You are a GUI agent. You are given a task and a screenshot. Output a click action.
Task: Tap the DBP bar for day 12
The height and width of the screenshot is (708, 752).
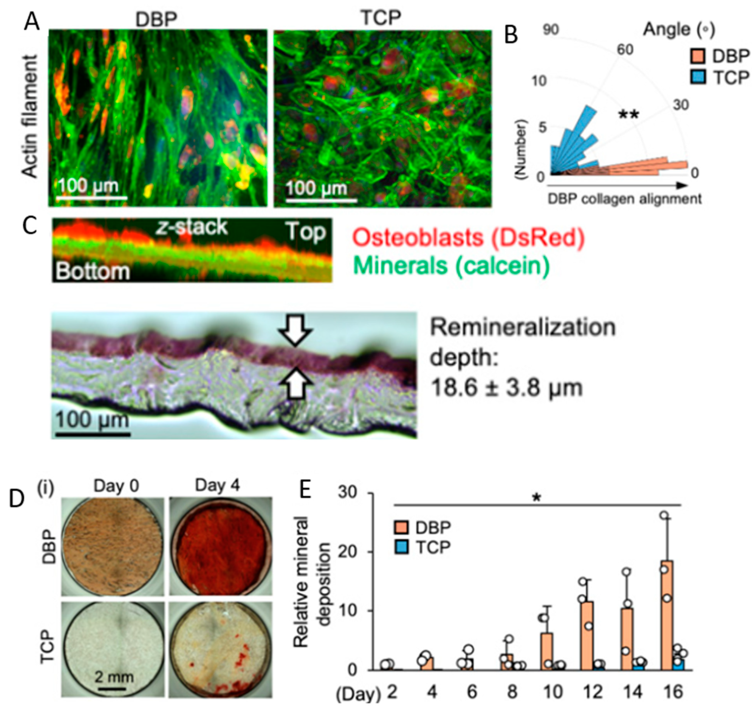[587, 636]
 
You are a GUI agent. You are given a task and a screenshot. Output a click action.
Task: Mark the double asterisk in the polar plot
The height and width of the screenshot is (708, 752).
[628, 115]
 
